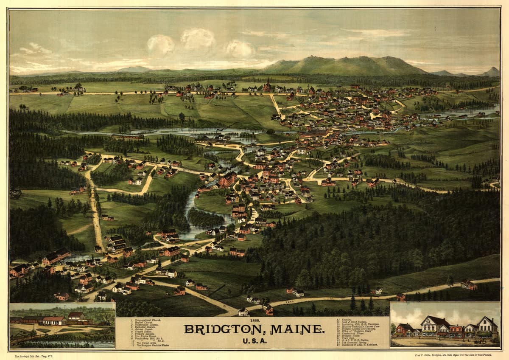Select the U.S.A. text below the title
click(x=255, y=340)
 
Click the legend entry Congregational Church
click(x=147, y=320)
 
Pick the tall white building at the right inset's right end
click(x=487, y=327)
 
